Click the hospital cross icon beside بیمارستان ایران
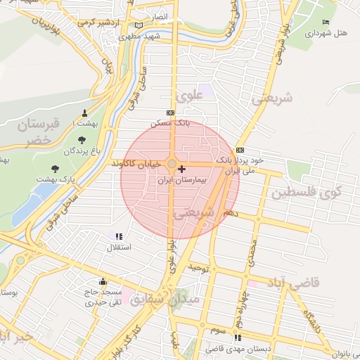click(182, 169)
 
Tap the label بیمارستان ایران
click(182, 180)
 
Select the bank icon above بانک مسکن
click(170, 112)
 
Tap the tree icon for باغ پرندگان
click(82, 139)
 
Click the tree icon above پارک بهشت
click(56, 169)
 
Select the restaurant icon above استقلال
click(119, 236)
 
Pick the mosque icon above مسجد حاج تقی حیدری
click(103, 281)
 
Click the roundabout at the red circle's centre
click(172, 165)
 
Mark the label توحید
click(199, 269)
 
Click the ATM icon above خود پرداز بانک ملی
click(240, 150)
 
